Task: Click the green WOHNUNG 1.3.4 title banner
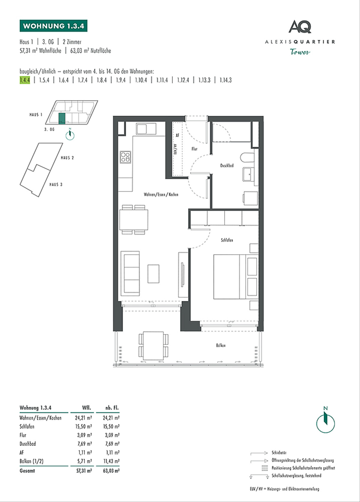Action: tap(53, 26)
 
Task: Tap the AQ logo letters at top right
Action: tap(300, 27)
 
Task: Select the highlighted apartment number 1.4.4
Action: tap(25, 80)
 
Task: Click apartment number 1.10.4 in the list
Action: tap(141, 80)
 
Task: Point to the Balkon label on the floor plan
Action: tap(220, 345)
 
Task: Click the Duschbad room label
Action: tap(227, 166)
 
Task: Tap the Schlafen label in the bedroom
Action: tap(227, 240)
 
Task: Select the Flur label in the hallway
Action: tap(194, 149)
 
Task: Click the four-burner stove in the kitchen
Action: tap(125, 157)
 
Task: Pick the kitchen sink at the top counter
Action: tap(146, 129)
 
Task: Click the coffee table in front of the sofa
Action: tap(153, 273)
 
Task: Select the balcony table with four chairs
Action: tap(153, 346)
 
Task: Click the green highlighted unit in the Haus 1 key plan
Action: tap(61, 118)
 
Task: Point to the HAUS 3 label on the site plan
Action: tap(56, 184)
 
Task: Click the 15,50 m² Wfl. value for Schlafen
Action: tap(83, 426)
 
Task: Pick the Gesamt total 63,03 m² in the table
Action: tap(111, 471)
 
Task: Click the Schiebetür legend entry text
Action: tap(279, 453)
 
